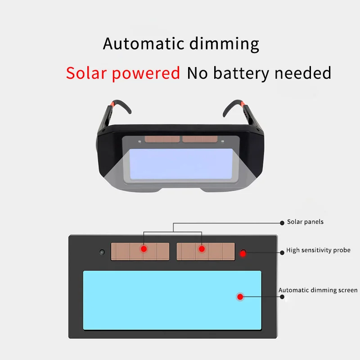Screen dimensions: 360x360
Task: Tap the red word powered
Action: pyautogui.click(x=146, y=73)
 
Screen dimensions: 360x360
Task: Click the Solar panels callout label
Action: pyautogui.click(x=305, y=222)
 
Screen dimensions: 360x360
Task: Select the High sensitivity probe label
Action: pyautogui.click(x=318, y=250)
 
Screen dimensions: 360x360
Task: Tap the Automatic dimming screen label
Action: pyautogui.click(x=318, y=290)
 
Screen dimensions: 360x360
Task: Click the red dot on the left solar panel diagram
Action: pyautogui.click(x=144, y=249)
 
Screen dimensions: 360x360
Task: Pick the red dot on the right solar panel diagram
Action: pyautogui.click(x=201, y=249)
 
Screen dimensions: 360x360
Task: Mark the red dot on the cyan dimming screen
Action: pyautogui.click(x=240, y=297)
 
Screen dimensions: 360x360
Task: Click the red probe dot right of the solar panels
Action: pyautogui.click(x=244, y=252)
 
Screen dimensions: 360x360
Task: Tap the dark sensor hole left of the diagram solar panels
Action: pyautogui.click(x=102, y=252)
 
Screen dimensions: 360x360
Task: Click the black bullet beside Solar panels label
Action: pyautogui.click(x=282, y=222)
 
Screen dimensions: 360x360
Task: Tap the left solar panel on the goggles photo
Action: pyautogui.click(x=162, y=139)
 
